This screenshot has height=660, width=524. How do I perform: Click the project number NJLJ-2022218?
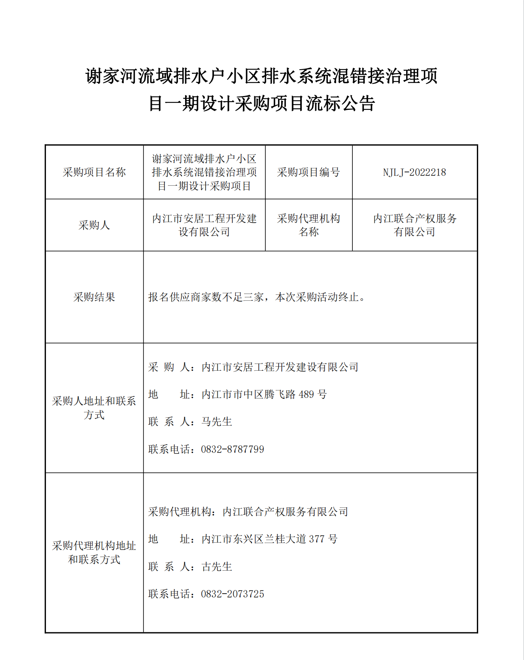(x=414, y=172)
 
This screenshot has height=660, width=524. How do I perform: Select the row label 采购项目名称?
(x=94, y=172)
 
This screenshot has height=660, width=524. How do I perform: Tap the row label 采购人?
(x=94, y=225)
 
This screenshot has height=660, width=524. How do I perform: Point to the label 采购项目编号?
(x=308, y=172)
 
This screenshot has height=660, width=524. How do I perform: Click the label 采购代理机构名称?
(x=308, y=225)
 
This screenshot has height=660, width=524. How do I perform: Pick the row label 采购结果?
(x=94, y=297)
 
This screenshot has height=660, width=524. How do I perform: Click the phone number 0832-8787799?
(x=233, y=449)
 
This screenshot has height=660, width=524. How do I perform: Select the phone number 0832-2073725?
(x=233, y=594)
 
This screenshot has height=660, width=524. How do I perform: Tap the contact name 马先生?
(x=217, y=422)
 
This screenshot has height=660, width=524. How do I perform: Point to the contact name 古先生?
(x=217, y=567)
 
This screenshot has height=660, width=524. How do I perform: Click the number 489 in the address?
(x=306, y=394)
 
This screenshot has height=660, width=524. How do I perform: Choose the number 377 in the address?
(x=316, y=539)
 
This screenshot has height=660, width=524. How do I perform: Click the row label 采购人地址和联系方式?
(x=94, y=408)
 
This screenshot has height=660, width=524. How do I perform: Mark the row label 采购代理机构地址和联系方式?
(x=94, y=553)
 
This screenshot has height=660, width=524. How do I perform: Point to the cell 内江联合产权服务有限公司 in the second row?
(x=414, y=225)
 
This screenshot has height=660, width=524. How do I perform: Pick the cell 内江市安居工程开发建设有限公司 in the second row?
(x=204, y=225)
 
